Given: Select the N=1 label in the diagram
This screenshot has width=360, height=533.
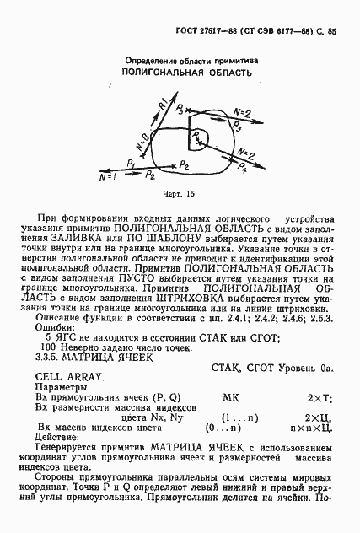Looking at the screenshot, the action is pos(107,178).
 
